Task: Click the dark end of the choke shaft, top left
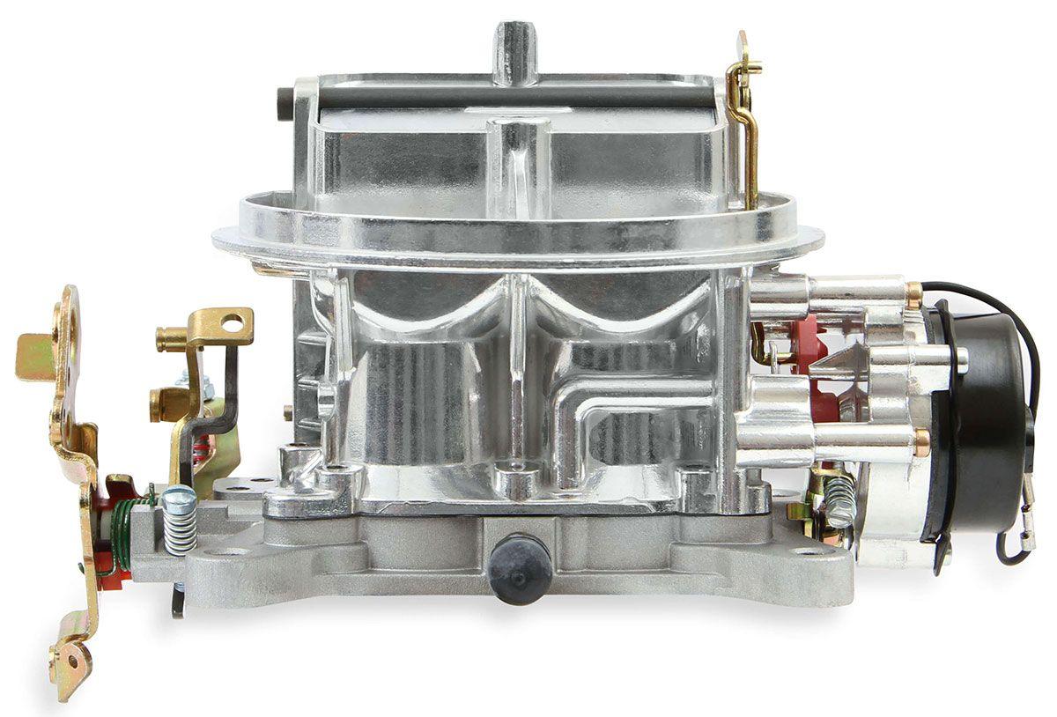tap(284, 95)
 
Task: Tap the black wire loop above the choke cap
tap(995, 308)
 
